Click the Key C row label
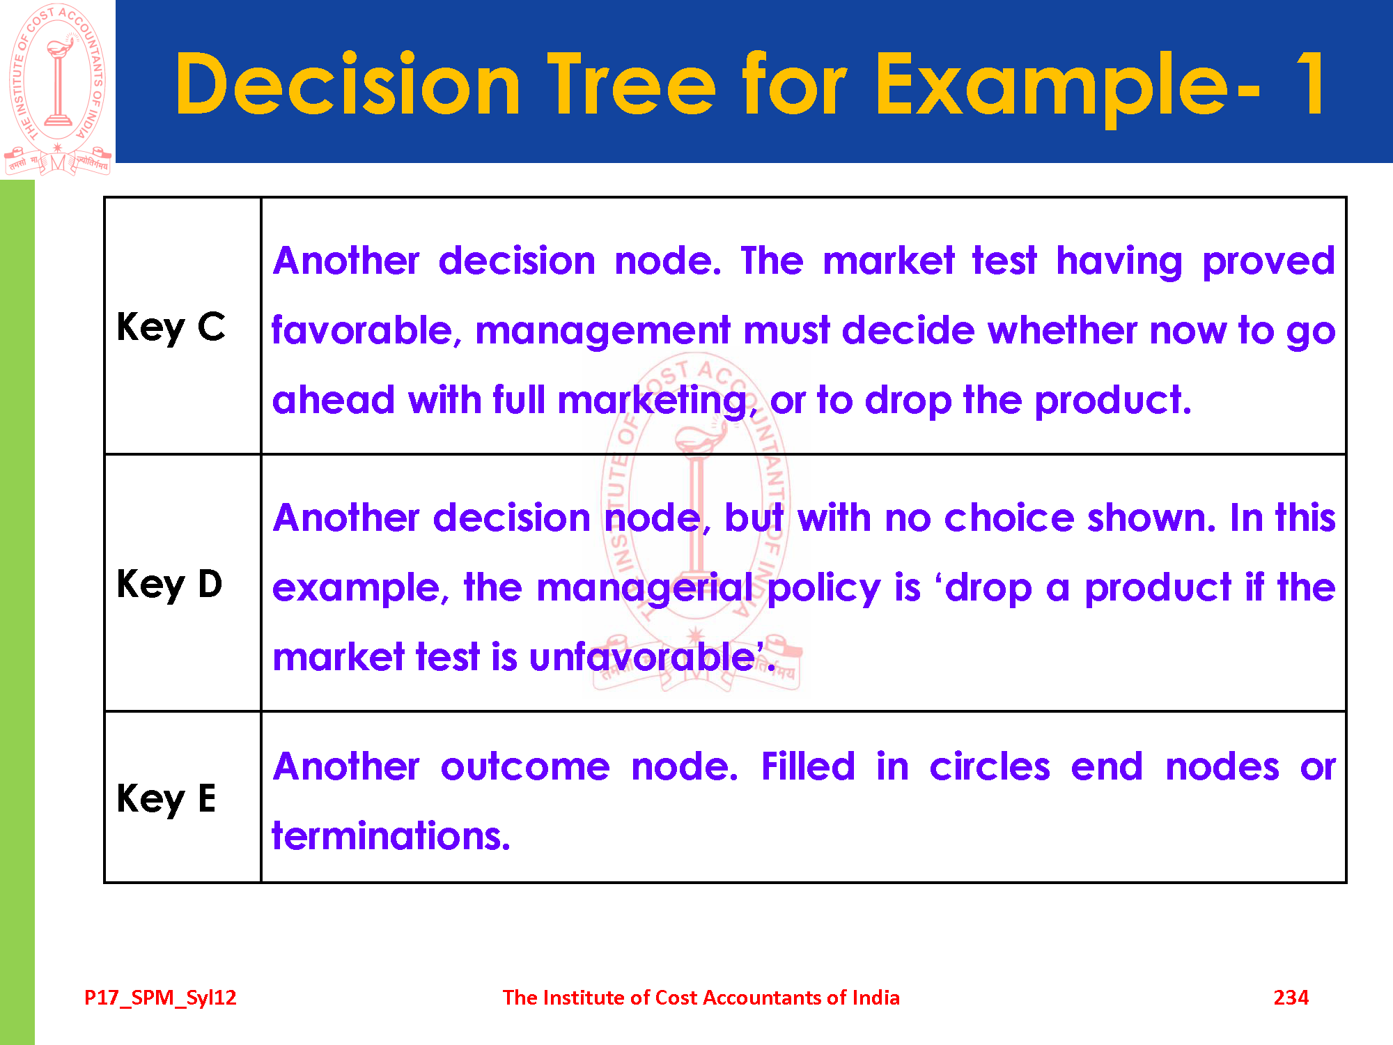pos(171,327)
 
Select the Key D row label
pos(170,585)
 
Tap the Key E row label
pos(166,798)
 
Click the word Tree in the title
pos(631,85)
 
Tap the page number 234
pos(1291,998)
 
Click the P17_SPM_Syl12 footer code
pos(160,998)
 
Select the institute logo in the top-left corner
pos(58,89)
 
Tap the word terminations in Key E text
pos(391,836)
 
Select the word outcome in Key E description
pos(525,767)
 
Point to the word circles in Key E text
pos(990,766)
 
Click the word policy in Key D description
pos(824,589)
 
